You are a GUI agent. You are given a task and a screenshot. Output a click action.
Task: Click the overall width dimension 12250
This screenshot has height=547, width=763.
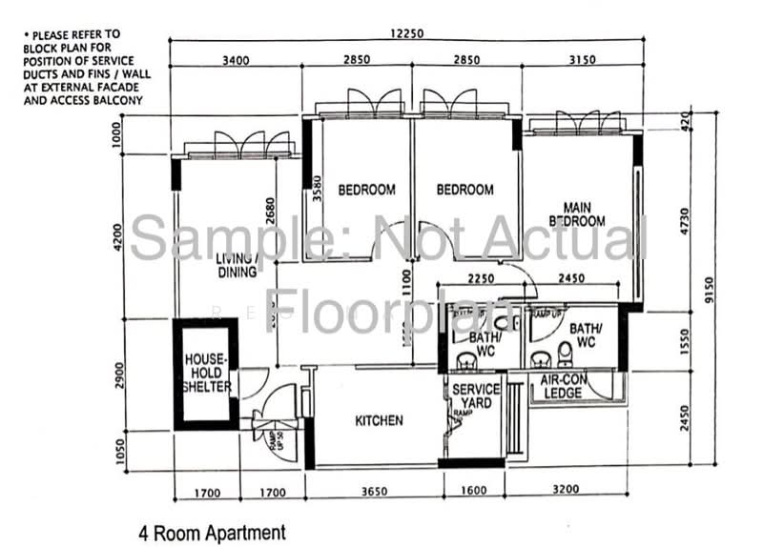406,33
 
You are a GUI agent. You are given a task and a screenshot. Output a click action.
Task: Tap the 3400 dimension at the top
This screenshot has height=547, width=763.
236,60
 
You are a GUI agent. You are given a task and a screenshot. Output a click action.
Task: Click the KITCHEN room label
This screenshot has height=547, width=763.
379,420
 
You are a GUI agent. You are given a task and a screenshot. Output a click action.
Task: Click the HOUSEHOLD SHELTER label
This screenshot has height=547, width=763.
206,374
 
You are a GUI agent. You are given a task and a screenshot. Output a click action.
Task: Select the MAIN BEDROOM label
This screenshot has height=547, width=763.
583,214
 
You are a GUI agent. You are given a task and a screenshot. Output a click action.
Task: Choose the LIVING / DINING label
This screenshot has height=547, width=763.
236,265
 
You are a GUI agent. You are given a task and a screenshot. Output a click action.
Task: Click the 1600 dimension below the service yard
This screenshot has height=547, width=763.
471,493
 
